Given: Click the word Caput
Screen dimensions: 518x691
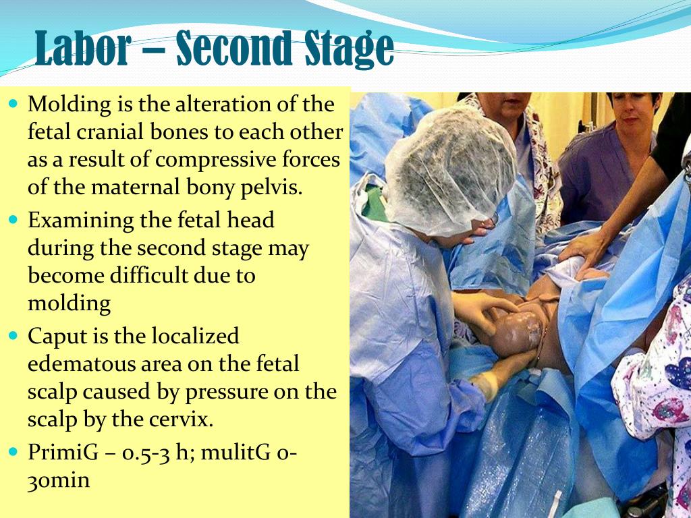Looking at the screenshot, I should [54, 336].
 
